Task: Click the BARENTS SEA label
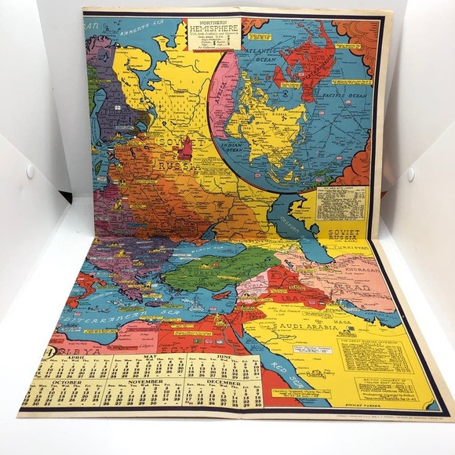(137, 33)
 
